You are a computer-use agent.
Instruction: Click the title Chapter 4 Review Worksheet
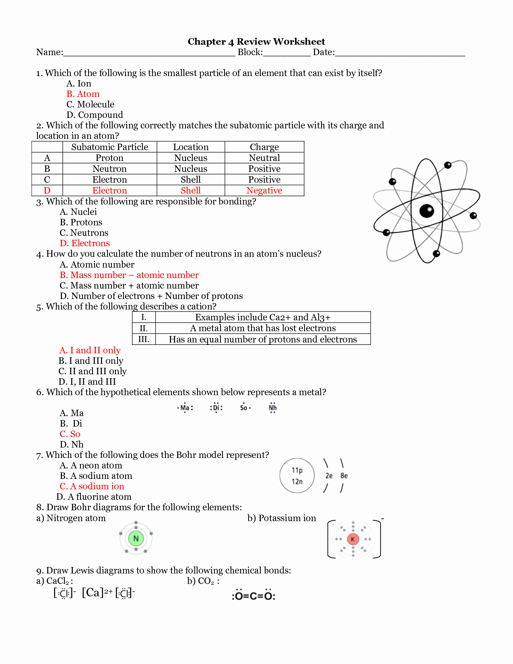[256, 41]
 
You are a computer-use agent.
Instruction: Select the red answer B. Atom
[83, 94]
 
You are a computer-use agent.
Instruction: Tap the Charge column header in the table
[264, 147]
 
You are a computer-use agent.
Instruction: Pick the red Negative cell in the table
[264, 190]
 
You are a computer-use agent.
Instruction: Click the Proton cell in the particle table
[109, 158]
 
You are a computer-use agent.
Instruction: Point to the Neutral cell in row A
[264, 158]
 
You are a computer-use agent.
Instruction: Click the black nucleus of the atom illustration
[426, 210]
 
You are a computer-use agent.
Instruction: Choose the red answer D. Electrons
[85, 243]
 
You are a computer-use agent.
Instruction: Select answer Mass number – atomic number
[129, 275]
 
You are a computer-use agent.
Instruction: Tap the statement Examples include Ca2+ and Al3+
[263, 317]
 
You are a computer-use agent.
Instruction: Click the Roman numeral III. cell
[144, 339]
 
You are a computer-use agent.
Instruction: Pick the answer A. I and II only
[90, 350]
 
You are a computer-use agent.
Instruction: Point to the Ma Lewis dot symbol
[185, 408]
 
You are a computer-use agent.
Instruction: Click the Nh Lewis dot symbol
[272, 408]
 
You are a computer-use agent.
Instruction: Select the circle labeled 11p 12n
[297, 476]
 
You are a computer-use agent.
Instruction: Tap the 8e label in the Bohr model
[344, 476]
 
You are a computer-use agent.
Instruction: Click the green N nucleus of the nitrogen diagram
[136, 538]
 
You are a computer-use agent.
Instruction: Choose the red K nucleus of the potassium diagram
[353, 539]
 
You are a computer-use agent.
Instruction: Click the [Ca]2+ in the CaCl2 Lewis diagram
[97, 592]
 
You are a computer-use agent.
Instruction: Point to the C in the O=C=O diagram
[253, 596]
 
